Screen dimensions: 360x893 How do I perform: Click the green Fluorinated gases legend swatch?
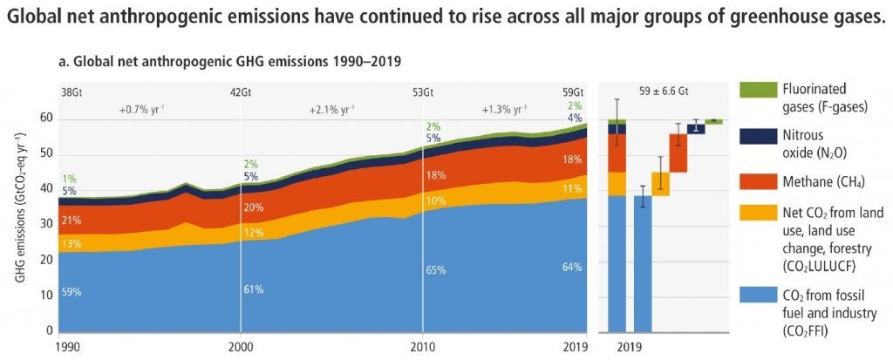click(x=752, y=90)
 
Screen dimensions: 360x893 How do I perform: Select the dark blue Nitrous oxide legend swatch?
click(x=752, y=136)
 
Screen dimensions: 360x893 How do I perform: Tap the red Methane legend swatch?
click(x=752, y=180)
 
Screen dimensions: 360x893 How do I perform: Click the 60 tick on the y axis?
click(x=47, y=118)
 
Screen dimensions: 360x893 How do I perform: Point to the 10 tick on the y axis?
click(x=47, y=295)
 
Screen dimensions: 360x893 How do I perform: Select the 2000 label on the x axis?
click(x=240, y=345)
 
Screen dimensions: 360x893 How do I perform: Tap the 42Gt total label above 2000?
click(x=241, y=92)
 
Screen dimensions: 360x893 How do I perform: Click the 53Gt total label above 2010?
click(x=423, y=92)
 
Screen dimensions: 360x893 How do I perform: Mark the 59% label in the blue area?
click(x=70, y=293)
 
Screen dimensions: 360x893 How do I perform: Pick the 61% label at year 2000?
click(x=254, y=289)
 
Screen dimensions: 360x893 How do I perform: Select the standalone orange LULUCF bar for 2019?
click(x=660, y=184)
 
